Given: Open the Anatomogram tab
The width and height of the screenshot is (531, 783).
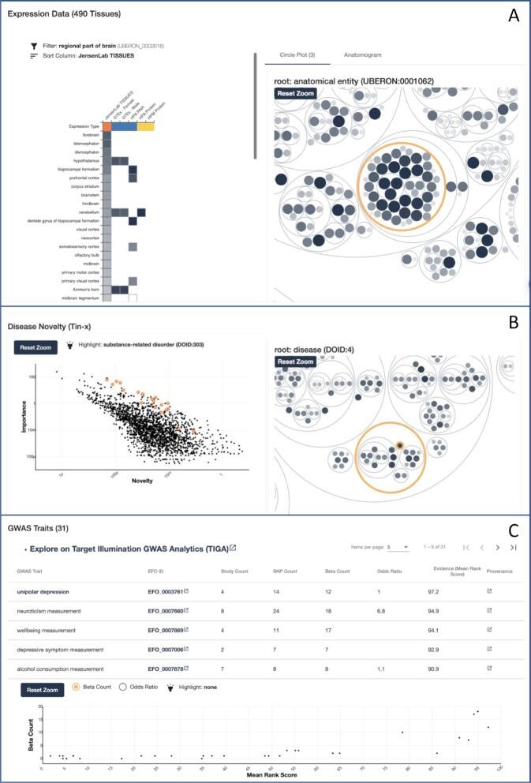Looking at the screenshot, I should pyautogui.click(x=364, y=55).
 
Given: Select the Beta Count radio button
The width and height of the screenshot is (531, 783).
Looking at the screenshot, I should pyautogui.click(x=76, y=687).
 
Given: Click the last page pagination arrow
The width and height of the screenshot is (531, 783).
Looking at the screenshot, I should pyautogui.click(x=514, y=547).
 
